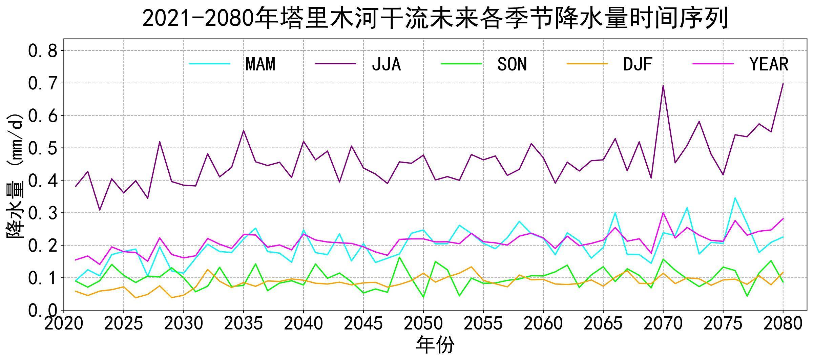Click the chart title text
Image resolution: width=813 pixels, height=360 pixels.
pos(435,18)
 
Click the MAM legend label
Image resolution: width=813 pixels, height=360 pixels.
pos(260,64)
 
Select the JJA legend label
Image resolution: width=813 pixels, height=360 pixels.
pos(386,64)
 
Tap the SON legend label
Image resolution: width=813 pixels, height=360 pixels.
pos(512,64)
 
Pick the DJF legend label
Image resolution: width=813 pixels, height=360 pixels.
pos(638,64)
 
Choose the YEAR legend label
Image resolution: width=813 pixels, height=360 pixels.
pos(769,64)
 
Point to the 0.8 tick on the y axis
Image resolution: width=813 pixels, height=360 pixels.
pos(43,51)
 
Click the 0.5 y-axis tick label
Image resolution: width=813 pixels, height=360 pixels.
pos(43,148)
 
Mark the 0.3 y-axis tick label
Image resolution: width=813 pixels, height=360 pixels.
pos(43,213)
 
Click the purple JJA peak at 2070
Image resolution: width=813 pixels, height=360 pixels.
pos(663,86)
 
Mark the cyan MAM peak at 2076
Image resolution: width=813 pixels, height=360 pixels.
pos(735,198)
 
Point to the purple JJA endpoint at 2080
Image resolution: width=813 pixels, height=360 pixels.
pos(783,84)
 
